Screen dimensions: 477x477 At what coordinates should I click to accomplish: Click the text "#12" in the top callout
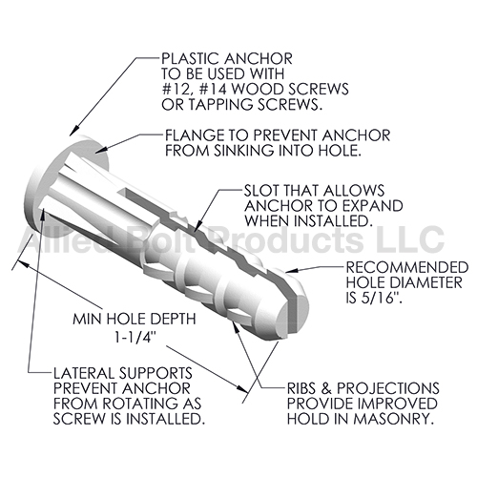click(x=176, y=90)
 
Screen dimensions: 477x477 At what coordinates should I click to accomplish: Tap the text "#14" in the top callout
click(x=213, y=90)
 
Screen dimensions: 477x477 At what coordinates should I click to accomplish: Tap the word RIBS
click(x=304, y=388)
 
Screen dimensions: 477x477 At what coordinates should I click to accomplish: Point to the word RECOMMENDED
click(x=407, y=267)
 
